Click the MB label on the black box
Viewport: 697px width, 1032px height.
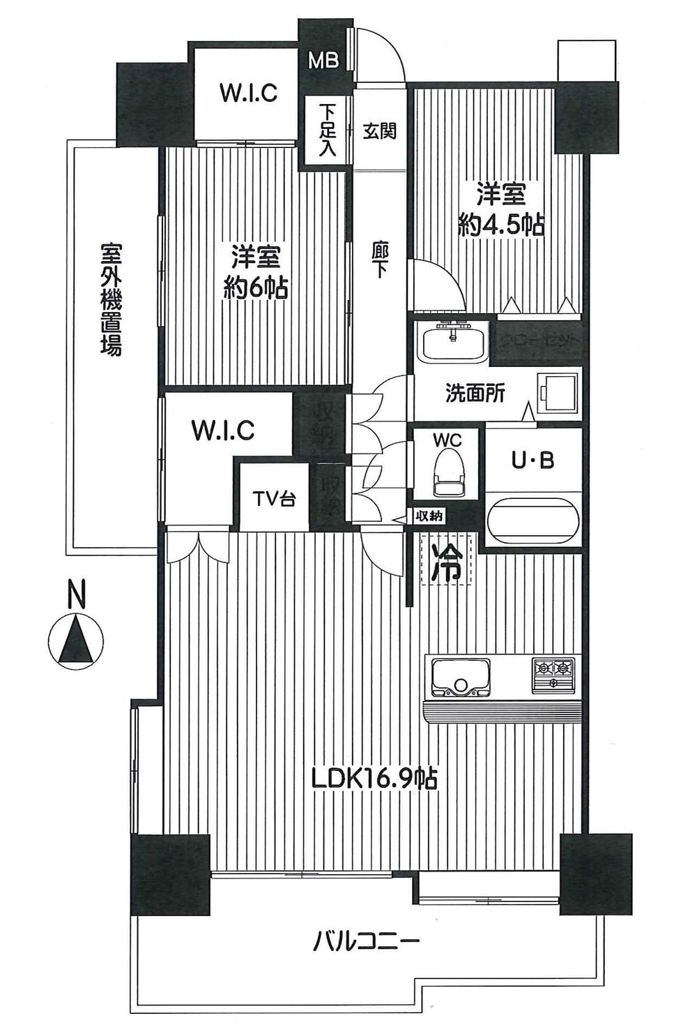[x=323, y=61]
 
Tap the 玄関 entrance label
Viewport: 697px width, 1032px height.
[x=380, y=130]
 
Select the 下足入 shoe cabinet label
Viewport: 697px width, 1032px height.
[x=327, y=130]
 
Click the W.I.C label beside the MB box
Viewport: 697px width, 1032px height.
[x=248, y=93]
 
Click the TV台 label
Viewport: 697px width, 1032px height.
[x=274, y=499]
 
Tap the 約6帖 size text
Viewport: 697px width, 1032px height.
[x=255, y=287]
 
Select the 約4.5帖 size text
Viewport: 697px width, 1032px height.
[x=500, y=225]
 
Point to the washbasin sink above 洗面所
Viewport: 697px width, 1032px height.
[x=454, y=342]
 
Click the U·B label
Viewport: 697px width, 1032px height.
[x=533, y=461]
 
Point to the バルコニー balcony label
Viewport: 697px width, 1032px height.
[x=366, y=943]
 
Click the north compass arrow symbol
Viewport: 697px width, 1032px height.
[x=76, y=641]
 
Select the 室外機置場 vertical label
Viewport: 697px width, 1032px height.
[x=110, y=299]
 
